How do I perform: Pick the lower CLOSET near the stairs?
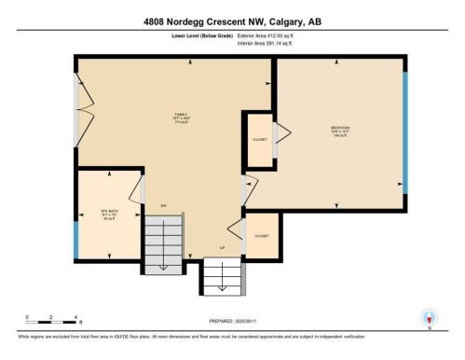point(262,235)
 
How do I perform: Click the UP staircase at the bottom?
point(223,277)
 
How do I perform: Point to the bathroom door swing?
point(136,189)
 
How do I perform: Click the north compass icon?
point(429,317)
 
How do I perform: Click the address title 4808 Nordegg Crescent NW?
point(233,21)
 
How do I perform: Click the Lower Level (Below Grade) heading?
point(204,35)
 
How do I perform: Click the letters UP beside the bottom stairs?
point(222,247)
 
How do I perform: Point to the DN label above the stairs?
point(162,205)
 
